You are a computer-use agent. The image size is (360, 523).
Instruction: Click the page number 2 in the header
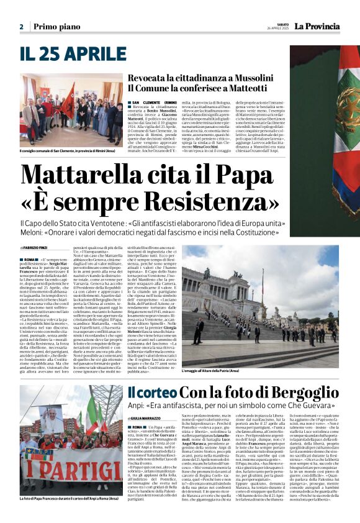click(x=21, y=27)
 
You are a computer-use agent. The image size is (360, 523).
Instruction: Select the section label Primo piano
click(x=56, y=27)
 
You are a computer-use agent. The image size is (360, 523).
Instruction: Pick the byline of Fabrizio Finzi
click(x=37, y=248)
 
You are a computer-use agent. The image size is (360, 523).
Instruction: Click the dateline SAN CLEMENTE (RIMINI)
click(x=155, y=102)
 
